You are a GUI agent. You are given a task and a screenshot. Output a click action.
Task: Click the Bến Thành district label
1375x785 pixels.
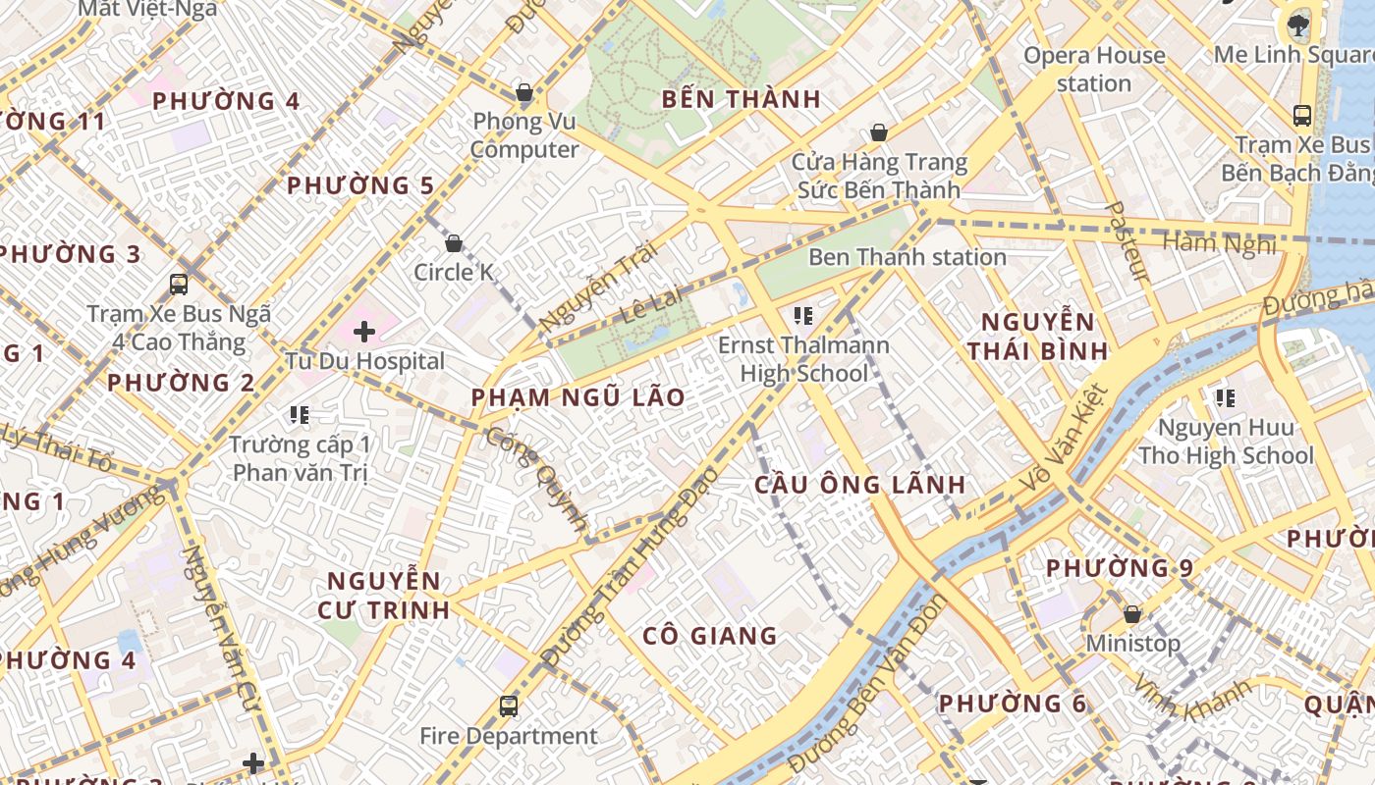coord(741,99)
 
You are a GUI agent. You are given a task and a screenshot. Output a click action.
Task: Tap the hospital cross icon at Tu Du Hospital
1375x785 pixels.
coord(364,332)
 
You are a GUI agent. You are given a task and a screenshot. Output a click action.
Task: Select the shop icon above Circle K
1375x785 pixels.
coord(454,242)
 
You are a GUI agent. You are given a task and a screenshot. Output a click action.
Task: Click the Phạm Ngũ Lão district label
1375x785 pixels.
coord(577,397)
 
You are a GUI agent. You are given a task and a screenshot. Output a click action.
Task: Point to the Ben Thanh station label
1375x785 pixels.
coord(907,257)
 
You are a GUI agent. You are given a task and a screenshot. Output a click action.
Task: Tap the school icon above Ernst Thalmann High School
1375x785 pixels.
coord(803,316)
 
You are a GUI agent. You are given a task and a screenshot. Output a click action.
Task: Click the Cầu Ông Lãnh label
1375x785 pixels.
coord(859,485)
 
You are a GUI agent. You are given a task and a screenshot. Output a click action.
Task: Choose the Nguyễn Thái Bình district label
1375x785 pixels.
coord(1038,336)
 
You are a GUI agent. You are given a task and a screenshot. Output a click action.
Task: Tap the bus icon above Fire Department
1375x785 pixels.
coord(508,706)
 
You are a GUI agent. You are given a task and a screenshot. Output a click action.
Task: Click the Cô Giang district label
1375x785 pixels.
coord(709,636)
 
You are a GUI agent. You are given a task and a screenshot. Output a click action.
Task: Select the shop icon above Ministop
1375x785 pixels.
coord(1132,614)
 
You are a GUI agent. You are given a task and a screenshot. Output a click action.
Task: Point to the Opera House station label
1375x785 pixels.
coord(1094,69)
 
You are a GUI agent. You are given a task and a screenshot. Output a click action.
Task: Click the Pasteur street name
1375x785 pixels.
coord(1126,241)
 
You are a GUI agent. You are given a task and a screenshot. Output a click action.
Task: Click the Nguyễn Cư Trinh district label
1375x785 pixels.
coord(384,595)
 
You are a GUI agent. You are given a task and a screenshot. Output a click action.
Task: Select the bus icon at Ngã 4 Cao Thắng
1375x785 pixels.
coord(179,285)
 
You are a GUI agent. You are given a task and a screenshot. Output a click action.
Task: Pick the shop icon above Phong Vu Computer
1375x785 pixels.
coord(524,93)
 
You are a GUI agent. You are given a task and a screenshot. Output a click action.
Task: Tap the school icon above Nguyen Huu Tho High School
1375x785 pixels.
coord(1225,398)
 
